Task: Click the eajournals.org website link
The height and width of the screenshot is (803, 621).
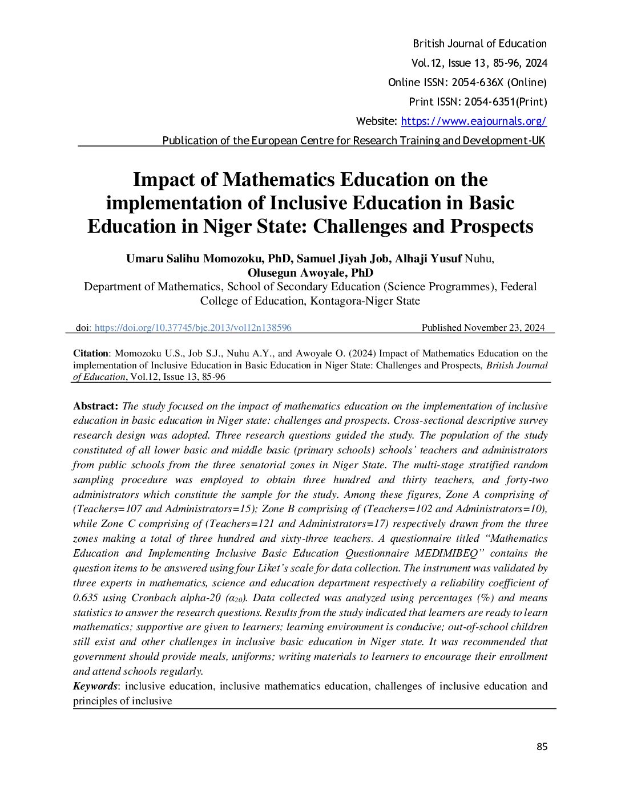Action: pyautogui.click(x=474, y=121)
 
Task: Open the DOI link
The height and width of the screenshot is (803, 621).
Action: pyautogui.click(x=193, y=327)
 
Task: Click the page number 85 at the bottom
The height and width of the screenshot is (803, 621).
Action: pyautogui.click(x=542, y=747)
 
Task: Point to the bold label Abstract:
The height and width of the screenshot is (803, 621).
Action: pyautogui.click(x=95, y=406)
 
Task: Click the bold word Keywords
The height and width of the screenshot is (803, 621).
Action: pyautogui.click(x=95, y=686)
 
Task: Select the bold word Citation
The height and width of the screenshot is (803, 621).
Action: pyautogui.click(x=91, y=354)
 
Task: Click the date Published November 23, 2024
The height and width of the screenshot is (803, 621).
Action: pyautogui.click(x=483, y=327)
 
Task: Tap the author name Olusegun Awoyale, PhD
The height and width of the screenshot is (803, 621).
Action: pyautogui.click(x=310, y=273)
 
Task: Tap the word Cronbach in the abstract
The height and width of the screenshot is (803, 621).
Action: pyautogui.click(x=152, y=598)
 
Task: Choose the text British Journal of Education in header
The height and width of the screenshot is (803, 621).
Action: pyautogui.click(x=479, y=44)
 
